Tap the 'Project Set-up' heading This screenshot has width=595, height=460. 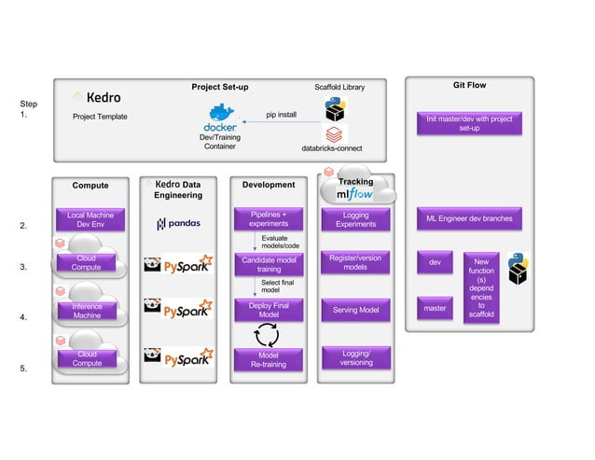(x=219, y=87)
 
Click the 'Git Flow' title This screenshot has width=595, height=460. (x=469, y=86)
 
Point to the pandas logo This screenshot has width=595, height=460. (x=177, y=224)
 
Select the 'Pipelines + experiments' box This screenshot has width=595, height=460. (x=269, y=219)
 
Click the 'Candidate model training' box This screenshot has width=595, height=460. (x=269, y=264)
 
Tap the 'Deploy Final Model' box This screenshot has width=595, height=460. (x=269, y=310)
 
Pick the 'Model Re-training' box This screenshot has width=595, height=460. (x=269, y=359)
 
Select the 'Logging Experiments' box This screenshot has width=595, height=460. (x=355, y=219)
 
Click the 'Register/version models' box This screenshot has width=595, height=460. (x=355, y=262)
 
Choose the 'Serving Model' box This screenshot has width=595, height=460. (x=355, y=310)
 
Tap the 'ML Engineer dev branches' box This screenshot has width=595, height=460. (x=469, y=219)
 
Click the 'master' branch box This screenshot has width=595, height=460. (x=435, y=308)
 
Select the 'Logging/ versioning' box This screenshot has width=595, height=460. (x=355, y=357)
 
